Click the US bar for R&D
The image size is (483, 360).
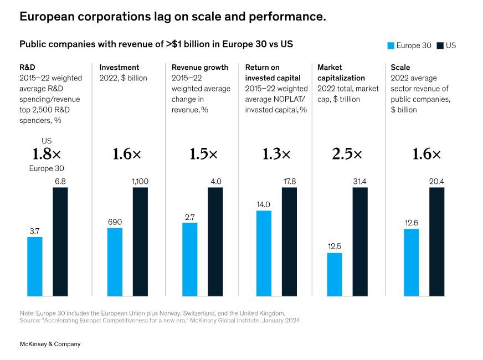click(x=60, y=241)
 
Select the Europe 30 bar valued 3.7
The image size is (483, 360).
click(x=34, y=266)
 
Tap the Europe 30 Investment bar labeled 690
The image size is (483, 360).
click(x=115, y=262)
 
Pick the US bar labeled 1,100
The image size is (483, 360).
click(x=140, y=241)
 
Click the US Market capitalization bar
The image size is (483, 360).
click(x=359, y=241)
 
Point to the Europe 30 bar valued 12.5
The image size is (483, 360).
click(x=335, y=274)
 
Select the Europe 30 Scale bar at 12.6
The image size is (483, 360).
click(x=411, y=262)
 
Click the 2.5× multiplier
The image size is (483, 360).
click(x=347, y=155)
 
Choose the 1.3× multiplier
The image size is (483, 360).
click(x=276, y=155)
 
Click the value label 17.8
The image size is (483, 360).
click(x=289, y=181)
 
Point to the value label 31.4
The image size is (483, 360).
click(x=359, y=181)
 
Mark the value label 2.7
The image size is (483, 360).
click(x=189, y=217)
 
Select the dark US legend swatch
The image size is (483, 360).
click(x=440, y=46)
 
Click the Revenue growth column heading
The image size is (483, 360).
click(x=200, y=68)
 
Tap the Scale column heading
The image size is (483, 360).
click(x=400, y=68)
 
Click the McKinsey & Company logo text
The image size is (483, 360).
click(x=50, y=344)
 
